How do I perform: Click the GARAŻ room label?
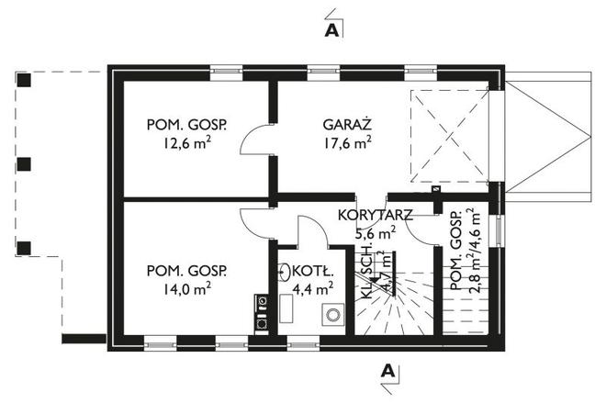(x=346, y=124)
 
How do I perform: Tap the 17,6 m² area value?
(x=346, y=142)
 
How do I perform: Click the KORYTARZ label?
(x=375, y=216)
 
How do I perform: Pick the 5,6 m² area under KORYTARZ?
(x=375, y=233)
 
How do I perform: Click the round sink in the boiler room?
(x=285, y=272)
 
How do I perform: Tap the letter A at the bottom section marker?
(x=388, y=371)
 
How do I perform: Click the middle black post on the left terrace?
(x=25, y=164)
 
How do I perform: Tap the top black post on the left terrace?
(x=25, y=80)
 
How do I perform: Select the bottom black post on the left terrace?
(x=25, y=248)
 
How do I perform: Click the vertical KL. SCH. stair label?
(x=366, y=269)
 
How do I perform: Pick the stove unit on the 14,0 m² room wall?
(x=262, y=311)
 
